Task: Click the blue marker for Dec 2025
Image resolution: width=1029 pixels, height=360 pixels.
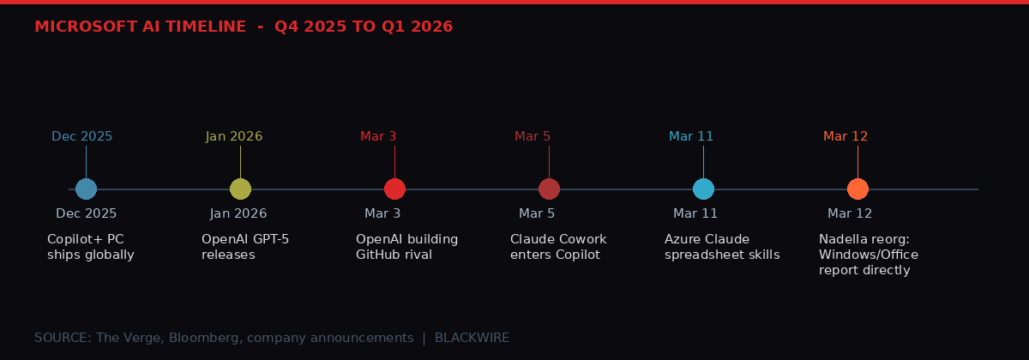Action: [x=86, y=189]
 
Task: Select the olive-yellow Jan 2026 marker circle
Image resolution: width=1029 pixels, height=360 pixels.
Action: [x=240, y=189]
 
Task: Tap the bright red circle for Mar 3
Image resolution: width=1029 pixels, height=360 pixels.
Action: [x=394, y=189]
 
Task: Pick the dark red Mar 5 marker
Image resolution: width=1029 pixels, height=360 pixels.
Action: [x=549, y=189]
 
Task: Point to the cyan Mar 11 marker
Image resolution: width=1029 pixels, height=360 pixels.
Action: [x=703, y=189]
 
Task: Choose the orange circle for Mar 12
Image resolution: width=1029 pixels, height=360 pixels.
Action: [x=857, y=189]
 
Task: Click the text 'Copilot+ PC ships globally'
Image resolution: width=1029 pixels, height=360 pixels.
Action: [x=91, y=247]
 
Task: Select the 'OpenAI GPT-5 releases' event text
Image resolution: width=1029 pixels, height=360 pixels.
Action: [x=245, y=247]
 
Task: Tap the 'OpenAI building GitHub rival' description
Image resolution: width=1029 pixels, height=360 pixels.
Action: [x=406, y=247]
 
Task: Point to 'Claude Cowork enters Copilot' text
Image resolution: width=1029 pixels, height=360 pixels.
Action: [x=558, y=247]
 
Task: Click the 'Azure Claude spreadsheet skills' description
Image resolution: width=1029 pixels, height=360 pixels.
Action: [x=722, y=247]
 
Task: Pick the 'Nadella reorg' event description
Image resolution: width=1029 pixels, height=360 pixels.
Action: [x=868, y=255]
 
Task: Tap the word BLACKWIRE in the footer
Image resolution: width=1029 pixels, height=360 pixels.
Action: [x=472, y=338]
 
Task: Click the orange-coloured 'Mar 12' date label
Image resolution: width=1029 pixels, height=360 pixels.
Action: [x=845, y=136]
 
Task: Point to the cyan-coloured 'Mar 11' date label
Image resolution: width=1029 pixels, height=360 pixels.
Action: [x=691, y=136]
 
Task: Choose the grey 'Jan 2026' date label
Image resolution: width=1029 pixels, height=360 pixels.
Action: [x=238, y=213]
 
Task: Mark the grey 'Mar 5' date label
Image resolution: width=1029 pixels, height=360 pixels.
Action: [x=537, y=213]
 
